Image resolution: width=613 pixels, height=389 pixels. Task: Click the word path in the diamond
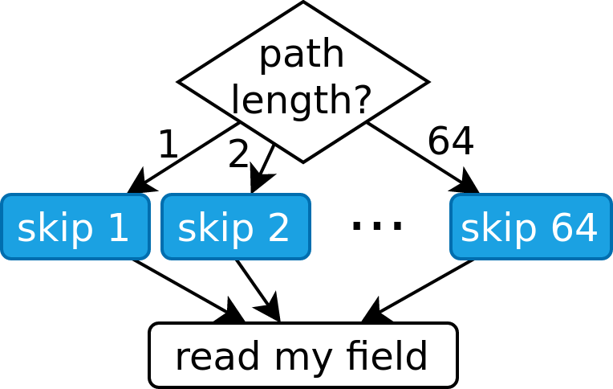pyautogui.click(x=302, y=55)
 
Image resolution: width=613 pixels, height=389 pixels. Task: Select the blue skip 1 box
pyautogui.click(x=75, y=227)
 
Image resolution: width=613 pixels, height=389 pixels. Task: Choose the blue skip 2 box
pyautogui.click(x=235, y=227)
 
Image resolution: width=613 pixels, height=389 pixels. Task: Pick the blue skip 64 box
pyautogui.click(x=530, y=227)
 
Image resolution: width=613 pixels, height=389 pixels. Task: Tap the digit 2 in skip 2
pyautogui.click(x=278, y=228)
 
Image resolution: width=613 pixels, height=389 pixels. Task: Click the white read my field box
pyautogui.click(x=302, y=355)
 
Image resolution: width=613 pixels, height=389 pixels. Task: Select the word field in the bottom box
pyautogui.click(x=388, y=356)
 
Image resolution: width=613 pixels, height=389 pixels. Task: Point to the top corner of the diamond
pyautogui.click(x=303, y=6)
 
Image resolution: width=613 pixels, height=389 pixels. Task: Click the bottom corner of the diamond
pyautogui.click(x=303, y=158)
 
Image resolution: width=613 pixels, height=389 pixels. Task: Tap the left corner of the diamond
pyautogui.click(x=184, y=81)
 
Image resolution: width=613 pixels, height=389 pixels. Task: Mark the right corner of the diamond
pyautogui.click(x=423, y=81)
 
